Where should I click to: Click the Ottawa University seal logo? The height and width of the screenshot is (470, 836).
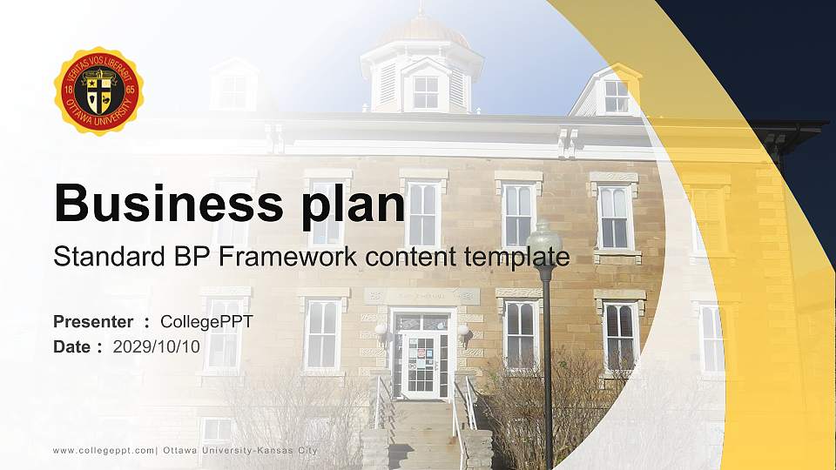(98, 91)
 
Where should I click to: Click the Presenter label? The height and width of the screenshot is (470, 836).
(93, 322)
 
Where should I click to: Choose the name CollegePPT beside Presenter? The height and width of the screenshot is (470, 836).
(206, 322)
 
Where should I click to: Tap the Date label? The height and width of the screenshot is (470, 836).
(72, 346)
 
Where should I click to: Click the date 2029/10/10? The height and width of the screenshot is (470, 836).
(157, 346)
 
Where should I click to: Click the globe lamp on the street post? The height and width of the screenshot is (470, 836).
(544, 237)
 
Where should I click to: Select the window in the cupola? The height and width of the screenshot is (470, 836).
(425, 91)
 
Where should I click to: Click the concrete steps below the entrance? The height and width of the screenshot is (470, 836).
(422, 435)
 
